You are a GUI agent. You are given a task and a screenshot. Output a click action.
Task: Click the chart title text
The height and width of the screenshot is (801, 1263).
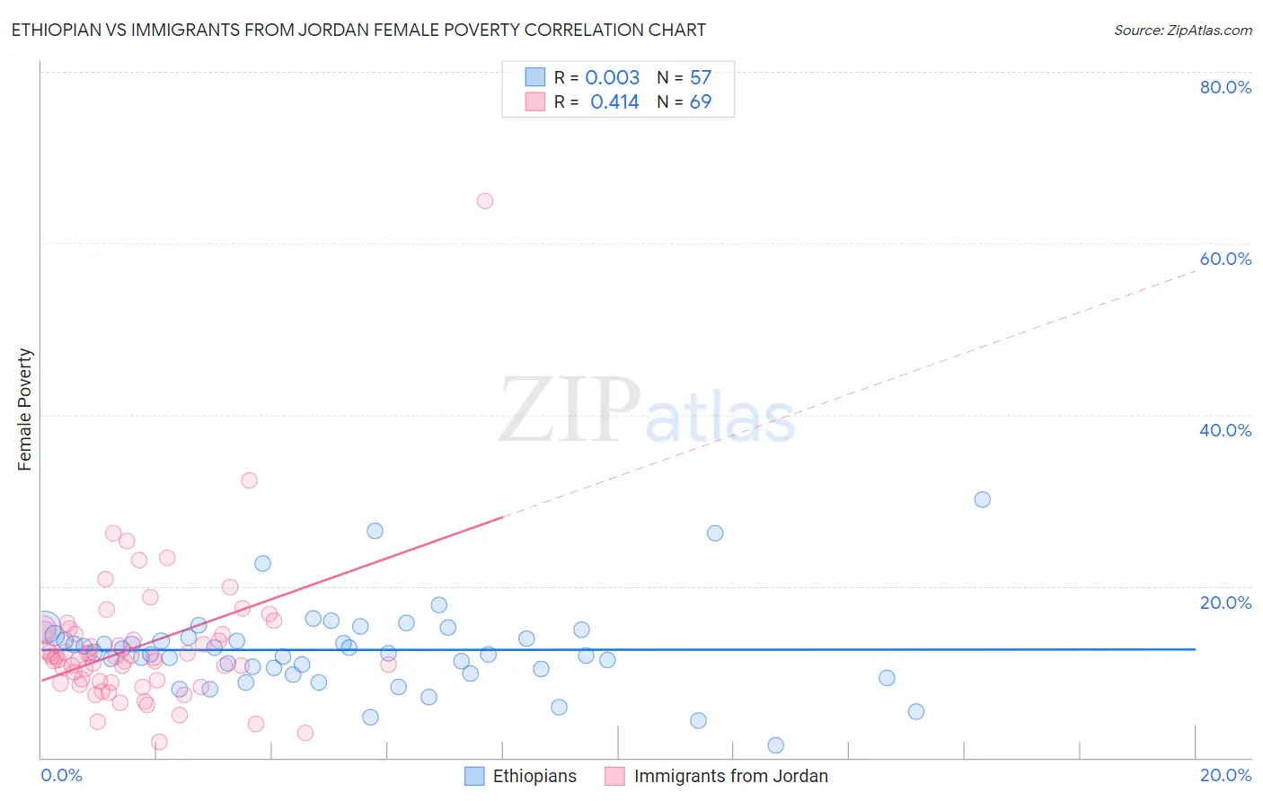pos(358,30)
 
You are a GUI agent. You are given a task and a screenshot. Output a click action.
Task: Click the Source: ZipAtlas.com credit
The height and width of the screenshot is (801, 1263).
pos(1182,30)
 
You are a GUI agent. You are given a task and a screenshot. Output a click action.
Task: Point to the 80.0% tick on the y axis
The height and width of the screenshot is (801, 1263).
pos(1224,87)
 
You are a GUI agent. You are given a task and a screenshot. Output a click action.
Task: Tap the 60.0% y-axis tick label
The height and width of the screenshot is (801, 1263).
pos(1224,259)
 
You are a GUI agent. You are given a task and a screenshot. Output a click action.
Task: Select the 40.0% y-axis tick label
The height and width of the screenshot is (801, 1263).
pos(1224,430)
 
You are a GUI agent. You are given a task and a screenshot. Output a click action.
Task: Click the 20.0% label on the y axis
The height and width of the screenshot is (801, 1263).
pos(1224,602)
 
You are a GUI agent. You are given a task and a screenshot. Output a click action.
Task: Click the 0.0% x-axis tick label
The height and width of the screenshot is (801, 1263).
pos(61,775)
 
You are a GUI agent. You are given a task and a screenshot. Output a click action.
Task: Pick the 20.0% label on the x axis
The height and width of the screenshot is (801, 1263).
pos(1224,775)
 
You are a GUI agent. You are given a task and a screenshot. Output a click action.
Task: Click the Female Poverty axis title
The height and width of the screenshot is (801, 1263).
pos(25,409)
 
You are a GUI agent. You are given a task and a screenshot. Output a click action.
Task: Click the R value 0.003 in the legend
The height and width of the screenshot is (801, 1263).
pos(612,77)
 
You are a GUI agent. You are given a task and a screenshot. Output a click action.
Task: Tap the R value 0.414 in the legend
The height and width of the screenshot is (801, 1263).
pos(614,101)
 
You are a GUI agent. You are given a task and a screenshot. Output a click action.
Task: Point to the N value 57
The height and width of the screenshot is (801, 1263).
pos(700,77)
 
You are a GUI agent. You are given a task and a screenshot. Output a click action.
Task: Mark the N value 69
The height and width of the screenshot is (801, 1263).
pos(700,101)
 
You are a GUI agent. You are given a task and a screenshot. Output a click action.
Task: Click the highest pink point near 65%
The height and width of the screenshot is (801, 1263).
pos(485,201)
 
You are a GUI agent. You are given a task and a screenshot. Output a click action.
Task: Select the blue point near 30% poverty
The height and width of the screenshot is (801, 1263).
pos(983,499)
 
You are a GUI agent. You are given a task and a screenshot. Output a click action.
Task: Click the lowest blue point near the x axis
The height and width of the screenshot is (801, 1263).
pos(776,745)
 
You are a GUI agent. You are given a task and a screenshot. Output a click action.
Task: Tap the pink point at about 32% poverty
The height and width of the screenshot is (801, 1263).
pos(249,480)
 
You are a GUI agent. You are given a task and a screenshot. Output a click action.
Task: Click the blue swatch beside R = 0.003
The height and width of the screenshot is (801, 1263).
pos(535,77)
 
